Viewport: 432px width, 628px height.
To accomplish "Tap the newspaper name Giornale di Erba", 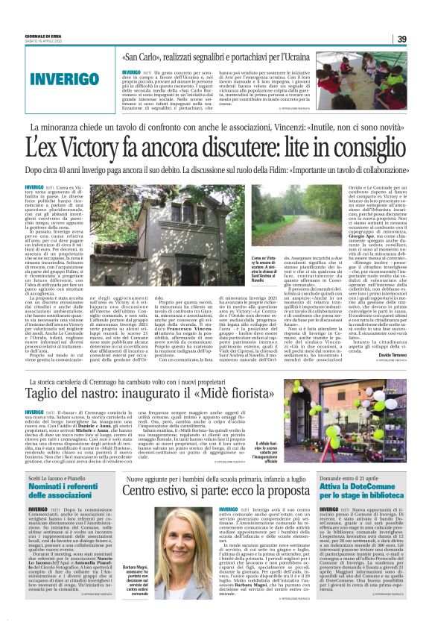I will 42,36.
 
